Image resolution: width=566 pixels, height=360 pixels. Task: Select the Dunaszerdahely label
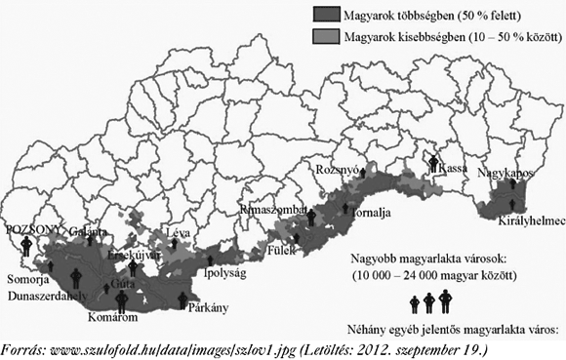50,293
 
